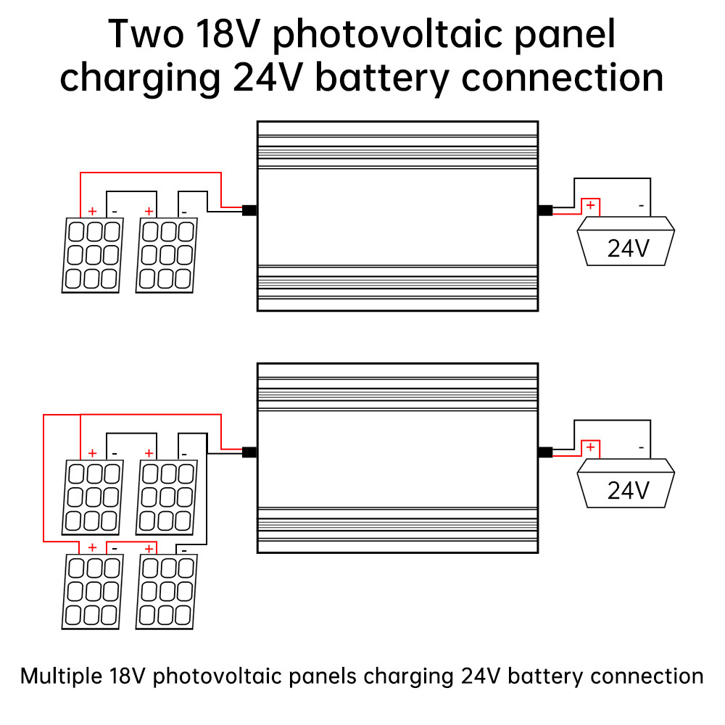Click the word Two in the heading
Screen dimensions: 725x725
[x=146, y=33]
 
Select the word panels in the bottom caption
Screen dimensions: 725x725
[x=322, y=676]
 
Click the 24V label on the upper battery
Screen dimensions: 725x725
[x=628, y=249]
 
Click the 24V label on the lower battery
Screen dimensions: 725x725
[x=628, y=491]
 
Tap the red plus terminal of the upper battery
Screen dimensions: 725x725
[x=591, y=206]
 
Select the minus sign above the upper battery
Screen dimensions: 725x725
[x=641, y=206]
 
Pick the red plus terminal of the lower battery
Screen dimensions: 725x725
[x=591, y=447]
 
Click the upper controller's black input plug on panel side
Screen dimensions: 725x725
[x=249, y=211]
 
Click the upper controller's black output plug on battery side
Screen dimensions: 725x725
[x=545, y=211]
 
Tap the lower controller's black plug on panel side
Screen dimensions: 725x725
[x=249, y=452]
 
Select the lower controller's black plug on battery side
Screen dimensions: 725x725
[x=545, y=452]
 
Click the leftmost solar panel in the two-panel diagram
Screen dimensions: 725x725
[x=92, y=255]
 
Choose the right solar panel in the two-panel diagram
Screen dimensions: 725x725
[x=167, y=255]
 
